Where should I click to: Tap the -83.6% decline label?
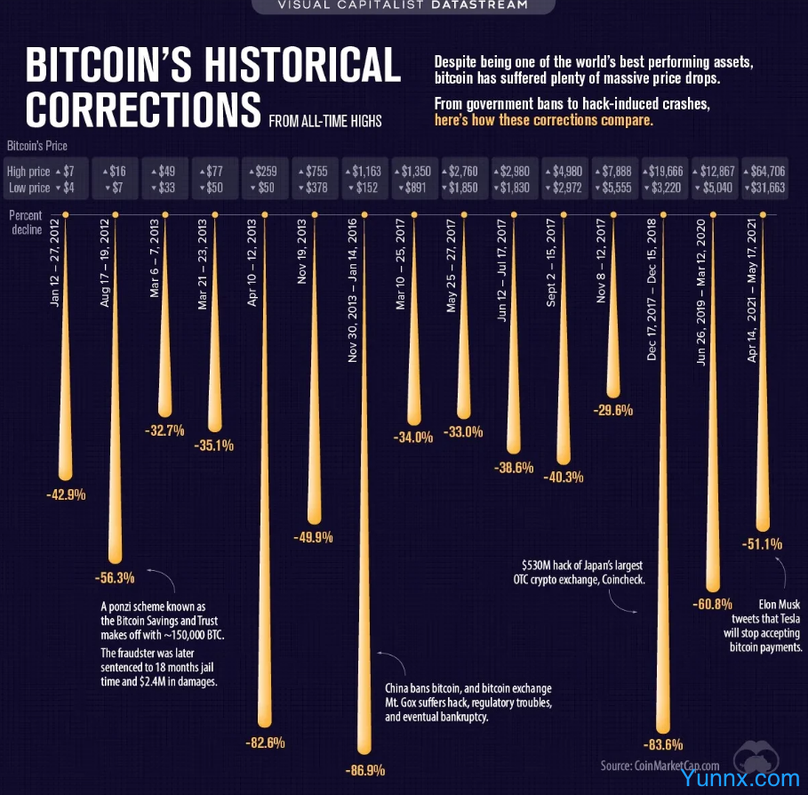(x=662, y=744)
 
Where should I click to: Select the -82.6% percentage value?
(x=264, y=742)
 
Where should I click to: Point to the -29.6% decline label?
(x=612, y=410)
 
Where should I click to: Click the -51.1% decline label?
(x=762, y=543)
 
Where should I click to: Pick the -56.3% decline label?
(x=115, y=577)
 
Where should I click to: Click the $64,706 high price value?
(x=769, y=171)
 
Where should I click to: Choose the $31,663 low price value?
(x=769, y=188)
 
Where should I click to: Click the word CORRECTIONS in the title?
(x=142, y=108)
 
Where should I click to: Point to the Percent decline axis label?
(x=27, y=221)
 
